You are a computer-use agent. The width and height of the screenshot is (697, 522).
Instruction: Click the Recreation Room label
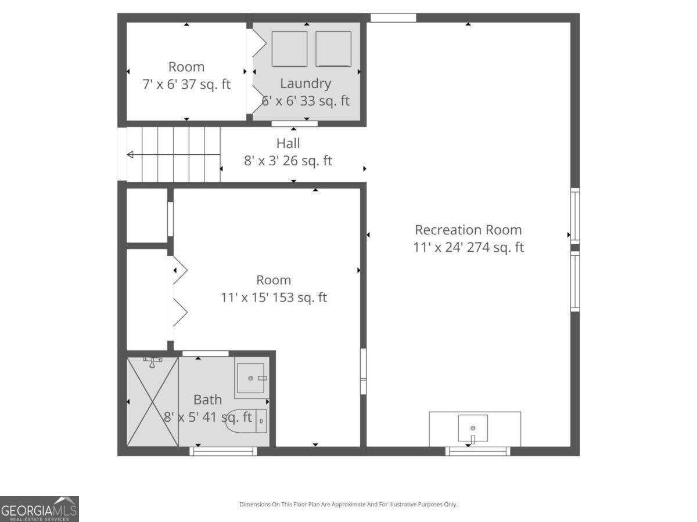[x=468, y=230]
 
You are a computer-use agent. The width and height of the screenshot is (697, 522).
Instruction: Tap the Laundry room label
[x=305, y=84]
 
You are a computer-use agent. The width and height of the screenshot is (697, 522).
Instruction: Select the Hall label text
[x=288, y=143]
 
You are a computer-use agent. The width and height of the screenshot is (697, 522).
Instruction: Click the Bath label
[x=207, y=400]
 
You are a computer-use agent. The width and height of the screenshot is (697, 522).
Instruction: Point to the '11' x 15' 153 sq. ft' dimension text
[x=274, y=298]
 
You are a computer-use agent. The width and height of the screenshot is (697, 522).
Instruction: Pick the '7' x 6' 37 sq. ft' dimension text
[x=186, y=85]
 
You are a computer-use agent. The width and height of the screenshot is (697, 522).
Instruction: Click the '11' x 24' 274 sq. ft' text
[x=468, y=248]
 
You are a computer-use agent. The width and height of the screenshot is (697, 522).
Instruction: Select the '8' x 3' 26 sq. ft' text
[x=288, y=161]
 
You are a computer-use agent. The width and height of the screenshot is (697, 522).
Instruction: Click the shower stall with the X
[x=152, y=401]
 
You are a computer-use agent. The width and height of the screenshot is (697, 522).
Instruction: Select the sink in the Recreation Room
[x=473, y=428]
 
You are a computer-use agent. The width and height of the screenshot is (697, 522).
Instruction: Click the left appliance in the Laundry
[x=289, y=49]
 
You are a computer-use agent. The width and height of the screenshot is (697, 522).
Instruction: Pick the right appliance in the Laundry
[x=333, y=49]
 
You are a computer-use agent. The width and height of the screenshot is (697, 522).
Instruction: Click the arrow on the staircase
[x=131, y=154]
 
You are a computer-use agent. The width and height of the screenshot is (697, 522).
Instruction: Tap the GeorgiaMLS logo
[x=39, y=509]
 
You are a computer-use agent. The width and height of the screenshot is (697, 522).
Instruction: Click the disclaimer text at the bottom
[x=348, y=505]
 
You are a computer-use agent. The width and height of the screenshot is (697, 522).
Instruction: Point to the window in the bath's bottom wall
[x=224, y=451]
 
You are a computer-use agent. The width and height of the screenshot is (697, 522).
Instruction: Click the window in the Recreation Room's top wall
[x=393, y=17]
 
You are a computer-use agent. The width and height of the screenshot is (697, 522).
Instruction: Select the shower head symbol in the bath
[x=152, y=361]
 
